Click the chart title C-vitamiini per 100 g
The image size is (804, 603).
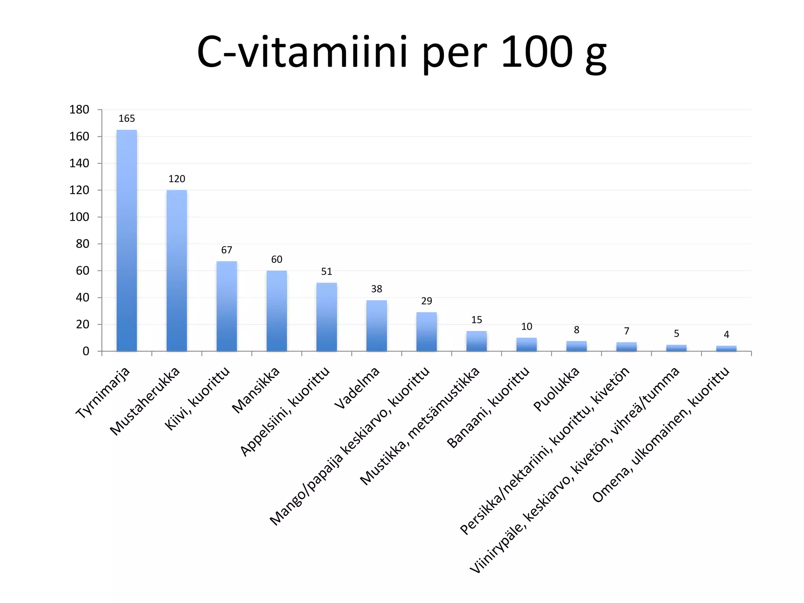coord(402,53)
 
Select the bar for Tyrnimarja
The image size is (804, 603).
coord(127,240)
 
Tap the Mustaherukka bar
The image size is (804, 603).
coord(177,270)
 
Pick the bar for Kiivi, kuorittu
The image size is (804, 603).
coord(227,306)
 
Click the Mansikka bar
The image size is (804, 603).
coord(277,311)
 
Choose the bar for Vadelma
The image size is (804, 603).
coord(376,326)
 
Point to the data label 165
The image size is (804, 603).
coord(127,119)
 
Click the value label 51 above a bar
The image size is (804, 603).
coord(327,272)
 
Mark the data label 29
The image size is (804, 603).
coord(426,301)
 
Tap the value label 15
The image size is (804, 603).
coord(476,320)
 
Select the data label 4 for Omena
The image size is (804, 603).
coord(726,335)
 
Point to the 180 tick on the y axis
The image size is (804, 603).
coord(79,110)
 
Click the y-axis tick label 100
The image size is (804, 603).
coord(79,217)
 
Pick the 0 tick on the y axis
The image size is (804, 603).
coord(86,351)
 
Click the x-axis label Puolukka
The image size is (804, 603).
coord(556,389)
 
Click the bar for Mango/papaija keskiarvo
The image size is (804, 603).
coord(426,332)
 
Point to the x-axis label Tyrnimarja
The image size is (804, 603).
coord(103,393)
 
